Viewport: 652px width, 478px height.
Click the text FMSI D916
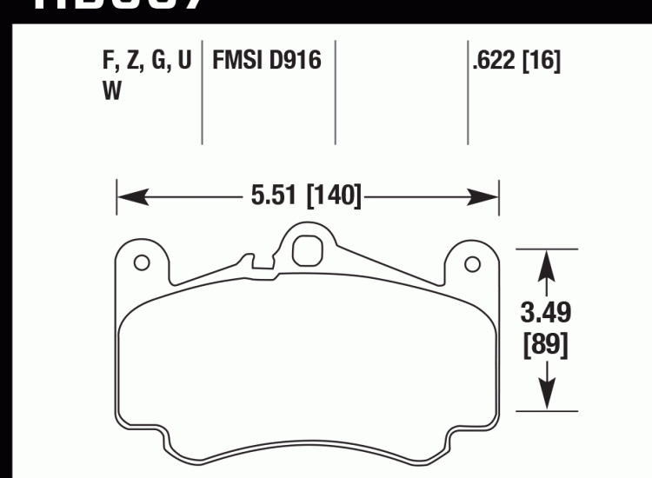(x=267, y=61)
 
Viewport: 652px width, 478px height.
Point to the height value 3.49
(x=545, y=311)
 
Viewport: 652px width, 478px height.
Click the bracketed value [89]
(x=545, y=345)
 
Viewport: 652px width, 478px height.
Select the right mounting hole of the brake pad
(x=472, y=262)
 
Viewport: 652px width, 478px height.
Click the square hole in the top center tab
(x=306, y=250)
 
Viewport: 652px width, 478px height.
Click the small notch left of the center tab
(x=249, y=259)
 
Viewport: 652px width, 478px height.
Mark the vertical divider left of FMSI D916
(x=203, y=91)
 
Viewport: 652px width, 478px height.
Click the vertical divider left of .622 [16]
(x=468, y=91)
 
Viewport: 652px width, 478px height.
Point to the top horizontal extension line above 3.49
(x=548, y=249)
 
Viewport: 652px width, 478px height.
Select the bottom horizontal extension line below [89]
(x=548, y=410)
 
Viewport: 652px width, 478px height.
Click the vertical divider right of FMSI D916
(x=336, y=91)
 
